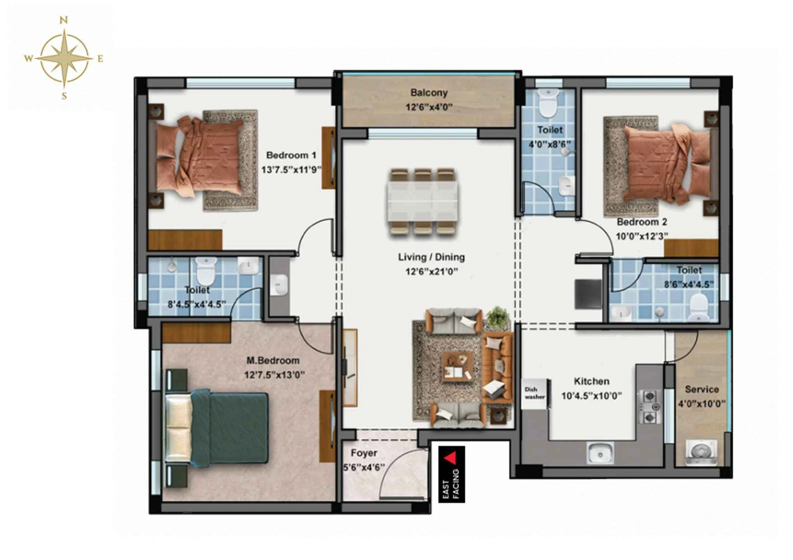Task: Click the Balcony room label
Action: tap(429, 93)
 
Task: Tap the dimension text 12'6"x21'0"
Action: tap(431, 271)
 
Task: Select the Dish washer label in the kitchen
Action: tap(534, 393)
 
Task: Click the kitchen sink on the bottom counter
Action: tap(600, 453)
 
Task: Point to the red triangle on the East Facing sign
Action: tap(450, 459)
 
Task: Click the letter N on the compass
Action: tap(64, 20)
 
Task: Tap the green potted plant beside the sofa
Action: tap(497, 317)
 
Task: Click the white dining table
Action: tap(422, 201)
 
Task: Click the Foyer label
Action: tap(363, 453)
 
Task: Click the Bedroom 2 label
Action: tap(642, 222)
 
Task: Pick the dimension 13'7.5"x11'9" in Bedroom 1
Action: tap(291, 170)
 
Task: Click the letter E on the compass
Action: tap(100, 58)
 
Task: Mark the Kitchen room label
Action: tap(591, 381)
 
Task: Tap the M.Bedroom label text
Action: tap(273, 360)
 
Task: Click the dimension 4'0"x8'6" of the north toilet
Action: tap(550, 145)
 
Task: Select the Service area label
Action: tap(702, 389)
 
